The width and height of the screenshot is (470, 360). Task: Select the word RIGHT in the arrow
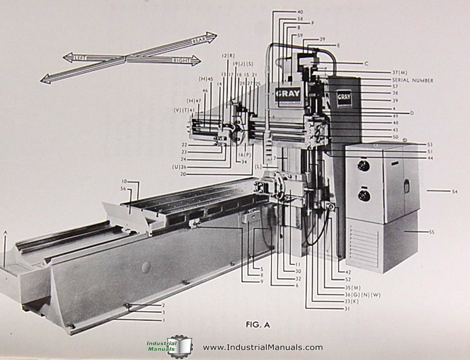coord(181,61)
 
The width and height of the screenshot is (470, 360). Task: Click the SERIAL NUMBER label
coord(413,80)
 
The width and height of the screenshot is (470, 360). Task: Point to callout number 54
coord(454,192)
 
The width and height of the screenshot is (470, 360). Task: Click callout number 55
coord(431,232)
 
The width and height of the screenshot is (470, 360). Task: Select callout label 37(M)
coord(401,72)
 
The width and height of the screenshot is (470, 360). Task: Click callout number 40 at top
coord(300,11)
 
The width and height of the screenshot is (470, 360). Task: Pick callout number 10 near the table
coord(125,182)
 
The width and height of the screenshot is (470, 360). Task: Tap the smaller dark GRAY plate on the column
coord(344,97)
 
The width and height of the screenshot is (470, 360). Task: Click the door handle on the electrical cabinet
coord(406,185)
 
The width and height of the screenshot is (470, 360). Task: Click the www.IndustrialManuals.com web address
coord(263,347)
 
